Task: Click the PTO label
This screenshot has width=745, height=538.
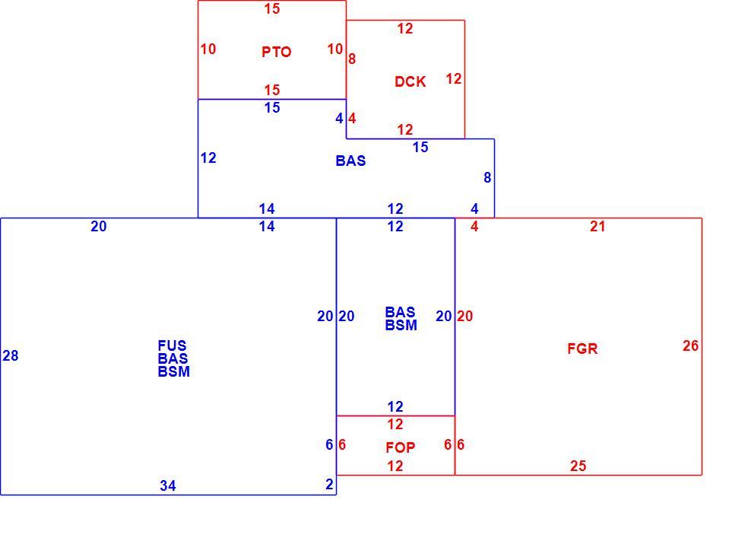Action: [x=276, y=52]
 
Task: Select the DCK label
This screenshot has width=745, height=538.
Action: [x=410, y=81]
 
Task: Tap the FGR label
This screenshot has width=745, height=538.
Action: [x=582, y=349]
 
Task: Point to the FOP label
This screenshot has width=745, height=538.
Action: [x=400, y=447]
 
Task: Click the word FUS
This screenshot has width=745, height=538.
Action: [x=172, y=345]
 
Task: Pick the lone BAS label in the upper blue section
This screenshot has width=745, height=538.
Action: [x=350, y=161]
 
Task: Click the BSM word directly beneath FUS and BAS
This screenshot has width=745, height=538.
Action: [x=173, y=371]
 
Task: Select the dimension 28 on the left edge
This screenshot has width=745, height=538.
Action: [x=11, y=355]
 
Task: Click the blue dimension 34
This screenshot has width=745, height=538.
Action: [x=168, y=485]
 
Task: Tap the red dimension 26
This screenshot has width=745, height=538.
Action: [x=690, y=345]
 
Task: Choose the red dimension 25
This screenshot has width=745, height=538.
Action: [x=578, y=466]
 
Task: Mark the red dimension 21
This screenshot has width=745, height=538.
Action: [x=598, y=227]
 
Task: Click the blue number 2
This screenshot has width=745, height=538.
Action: [x=329, y=484]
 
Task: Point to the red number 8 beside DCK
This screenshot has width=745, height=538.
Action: [x=351, y=59]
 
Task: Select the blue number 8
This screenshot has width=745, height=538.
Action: [x=487, y=177]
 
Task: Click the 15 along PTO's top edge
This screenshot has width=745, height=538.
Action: [x=272, y=8]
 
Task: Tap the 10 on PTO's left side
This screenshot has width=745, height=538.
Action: [x=208, y=49]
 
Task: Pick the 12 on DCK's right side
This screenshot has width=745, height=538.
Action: [x=454, y=78]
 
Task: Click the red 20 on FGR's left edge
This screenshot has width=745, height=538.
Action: [x=464, y=316]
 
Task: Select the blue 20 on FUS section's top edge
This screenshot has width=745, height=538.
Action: [x=98, y=227]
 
